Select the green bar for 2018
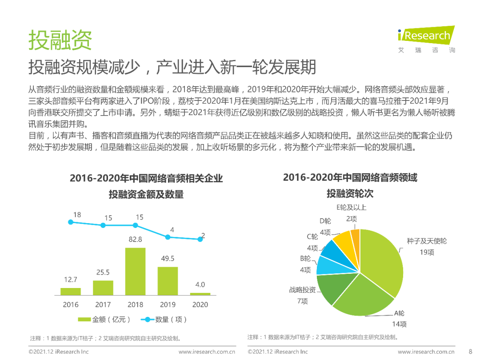click(x=136, y=271)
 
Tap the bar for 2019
click(x=168, y=280)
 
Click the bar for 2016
click(x=71, y=291)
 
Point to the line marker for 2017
click(x=103, y=225)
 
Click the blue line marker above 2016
click(x=71, y=222)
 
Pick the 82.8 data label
click(x=136, y=240)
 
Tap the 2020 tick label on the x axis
click(x=200, y=304)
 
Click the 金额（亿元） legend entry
click(x=105, y=319)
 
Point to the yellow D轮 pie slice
click(x=343, y=240)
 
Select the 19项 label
click(x=426, y=252)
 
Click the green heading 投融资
click(x=60, y=40)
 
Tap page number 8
click(x=471, y=352)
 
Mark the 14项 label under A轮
click(x=399, y=324)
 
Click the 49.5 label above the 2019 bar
click(x=168, y=259)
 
